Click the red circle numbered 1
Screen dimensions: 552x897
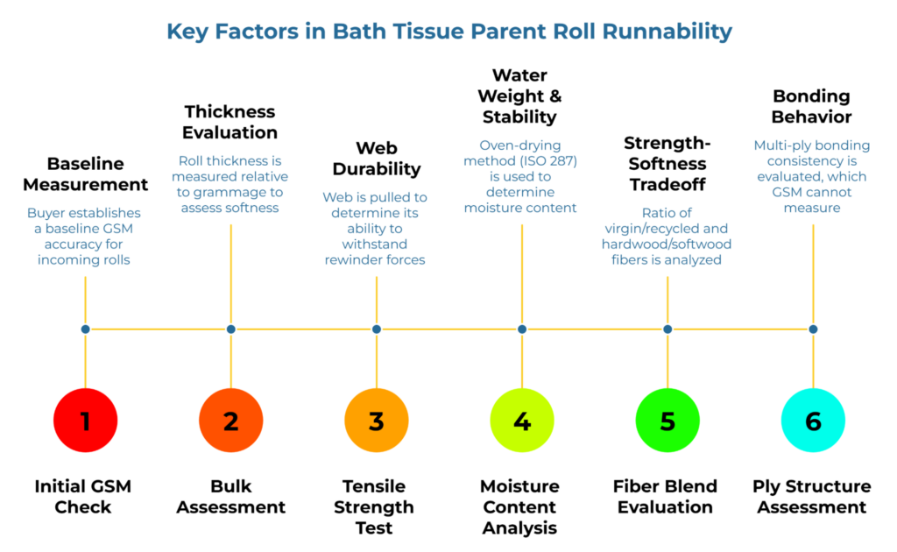pos(85,421)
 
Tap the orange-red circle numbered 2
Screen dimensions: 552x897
pos(230,421)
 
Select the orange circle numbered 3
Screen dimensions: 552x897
pos(377,421)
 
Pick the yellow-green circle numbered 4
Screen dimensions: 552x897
pos(522,421)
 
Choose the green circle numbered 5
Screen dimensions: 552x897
pos(667,421)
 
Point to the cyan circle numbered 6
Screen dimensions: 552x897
pos(813,421)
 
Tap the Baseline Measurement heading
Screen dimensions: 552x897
pos(85,173)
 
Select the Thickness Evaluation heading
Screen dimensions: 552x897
pos(230,122)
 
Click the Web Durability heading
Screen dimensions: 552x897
pos(377,158)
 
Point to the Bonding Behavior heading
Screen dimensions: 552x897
pos(812,106)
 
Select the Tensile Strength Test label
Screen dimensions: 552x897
pos(376,506)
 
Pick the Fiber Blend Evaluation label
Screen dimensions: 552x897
pos(667,496)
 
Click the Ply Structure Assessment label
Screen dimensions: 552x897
pos(812,496)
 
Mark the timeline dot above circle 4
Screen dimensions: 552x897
pos(522,329)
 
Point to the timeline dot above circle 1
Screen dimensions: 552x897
pos(85,329)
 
